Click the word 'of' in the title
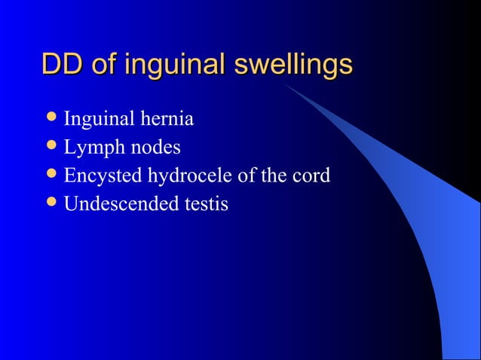pyautogui.click(x=104, y=65)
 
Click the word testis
pyautogui.click(x=204, y=203)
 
